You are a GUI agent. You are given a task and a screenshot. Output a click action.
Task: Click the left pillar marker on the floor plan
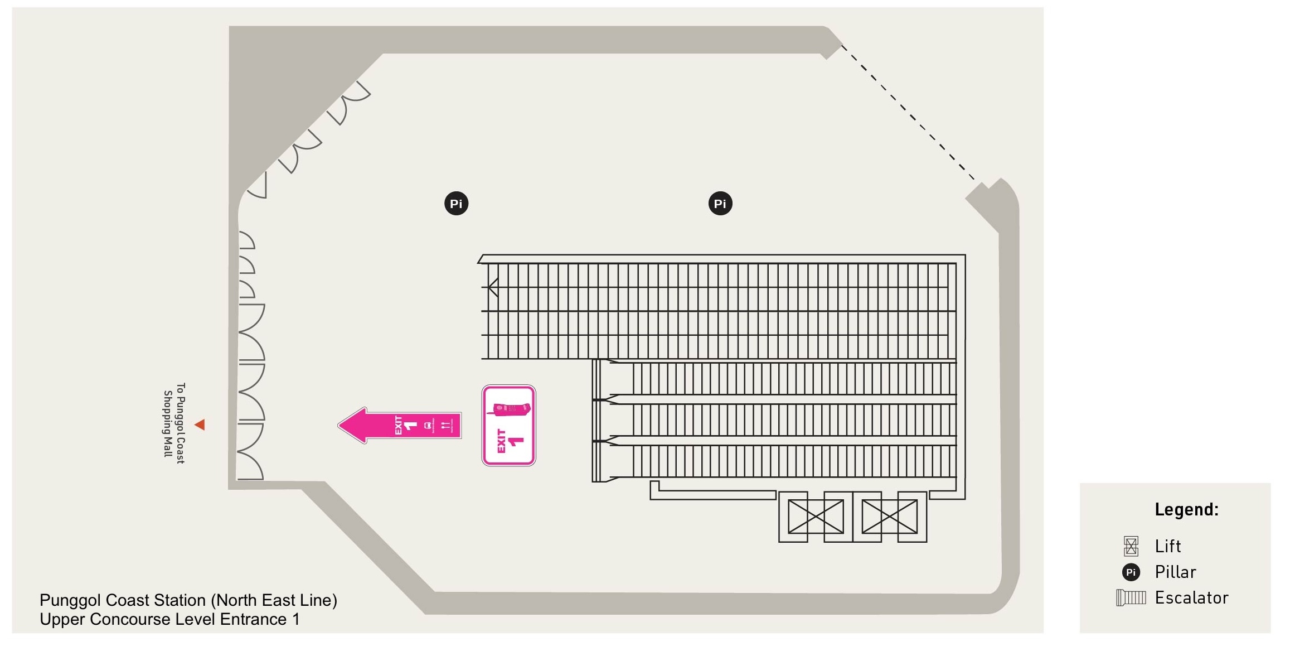point(456,204)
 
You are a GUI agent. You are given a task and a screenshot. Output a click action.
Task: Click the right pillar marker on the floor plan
point(720,204)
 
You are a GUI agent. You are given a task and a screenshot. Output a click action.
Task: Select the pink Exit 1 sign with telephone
point(508,425)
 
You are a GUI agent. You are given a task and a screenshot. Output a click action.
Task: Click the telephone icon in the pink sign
point(508,410)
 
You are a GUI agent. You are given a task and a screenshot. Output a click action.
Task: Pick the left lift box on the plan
point(815,517)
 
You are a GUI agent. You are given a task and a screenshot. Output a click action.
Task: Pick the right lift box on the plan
point(889,517)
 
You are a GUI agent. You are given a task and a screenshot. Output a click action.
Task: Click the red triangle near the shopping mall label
point(200,425)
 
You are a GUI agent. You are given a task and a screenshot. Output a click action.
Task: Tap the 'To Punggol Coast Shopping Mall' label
point(174,423)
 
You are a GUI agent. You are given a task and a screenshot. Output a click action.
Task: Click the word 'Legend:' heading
point(1186,509)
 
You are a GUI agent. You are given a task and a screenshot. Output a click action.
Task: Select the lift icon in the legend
point(1131,546)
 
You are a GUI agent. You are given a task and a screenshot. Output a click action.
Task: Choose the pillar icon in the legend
point(1131,572)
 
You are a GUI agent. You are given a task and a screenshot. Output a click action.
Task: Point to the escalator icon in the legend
point(1131,598)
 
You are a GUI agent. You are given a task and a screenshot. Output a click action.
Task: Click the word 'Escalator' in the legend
point(1191,598)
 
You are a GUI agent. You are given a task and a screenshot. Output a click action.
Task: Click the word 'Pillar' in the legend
point(1175,572)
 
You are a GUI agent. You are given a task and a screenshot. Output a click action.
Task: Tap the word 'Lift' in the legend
point(1167,546)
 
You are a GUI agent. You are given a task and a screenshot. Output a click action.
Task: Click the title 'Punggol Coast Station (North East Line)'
point(188,600)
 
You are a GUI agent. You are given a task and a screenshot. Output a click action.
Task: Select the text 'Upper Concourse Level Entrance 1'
point(169,619)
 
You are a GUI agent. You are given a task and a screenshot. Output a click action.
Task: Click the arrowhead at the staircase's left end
point(493,287)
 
